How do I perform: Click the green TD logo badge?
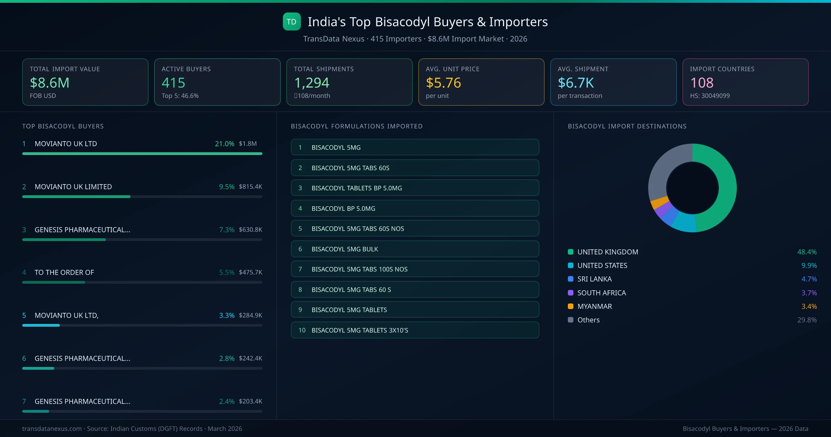(x=292, y=22)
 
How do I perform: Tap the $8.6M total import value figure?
(x=50, y=83)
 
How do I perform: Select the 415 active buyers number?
(x=173, y=83)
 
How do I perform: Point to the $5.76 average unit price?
(x=443, y=83)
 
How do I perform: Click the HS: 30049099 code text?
(x=709, y=96)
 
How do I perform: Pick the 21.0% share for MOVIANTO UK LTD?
(x=224, y=144)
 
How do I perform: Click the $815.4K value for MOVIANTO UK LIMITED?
(x=250, y=187)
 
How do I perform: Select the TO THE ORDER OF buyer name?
(x=64, y=273)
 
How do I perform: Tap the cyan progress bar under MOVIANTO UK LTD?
(x=41, y=325)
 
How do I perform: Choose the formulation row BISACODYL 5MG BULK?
(x=414, y=249)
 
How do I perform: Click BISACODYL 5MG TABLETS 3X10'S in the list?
(x=414, y=330)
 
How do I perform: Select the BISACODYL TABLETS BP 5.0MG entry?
(x=414, y=188)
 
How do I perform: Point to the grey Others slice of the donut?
(x=665, y=166)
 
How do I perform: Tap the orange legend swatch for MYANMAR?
(x=571, y=306)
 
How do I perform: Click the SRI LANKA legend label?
(x=594, y=279)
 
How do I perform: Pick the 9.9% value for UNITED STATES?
(x=809, y=266)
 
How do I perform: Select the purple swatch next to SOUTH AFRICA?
(x=571, y=293)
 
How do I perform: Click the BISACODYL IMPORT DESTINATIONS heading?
(x=627, y=126)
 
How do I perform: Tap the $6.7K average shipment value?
(x=575, y=83)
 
